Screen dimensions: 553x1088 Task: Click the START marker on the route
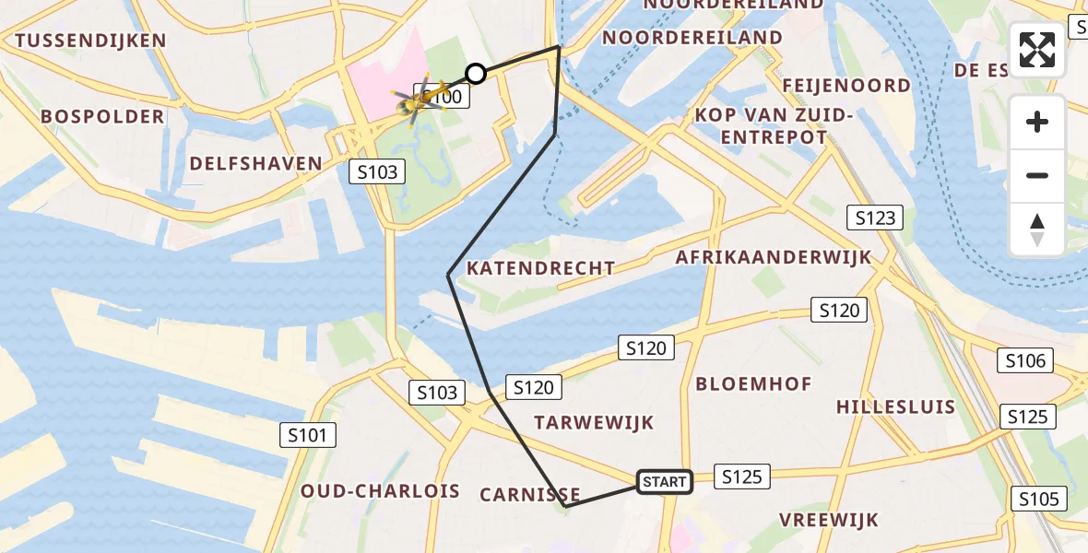click(665, 481)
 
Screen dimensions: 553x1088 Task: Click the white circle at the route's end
click(476, 74)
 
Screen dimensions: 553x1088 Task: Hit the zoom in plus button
click(1037, 122)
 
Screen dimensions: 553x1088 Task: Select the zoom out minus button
click(1037, 175)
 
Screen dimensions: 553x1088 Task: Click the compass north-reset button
click(1037, 229)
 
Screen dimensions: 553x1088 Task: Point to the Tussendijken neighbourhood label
click(90, 41)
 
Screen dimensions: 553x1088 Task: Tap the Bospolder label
click(102, 117)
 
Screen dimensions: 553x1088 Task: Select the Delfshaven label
click(256, 164)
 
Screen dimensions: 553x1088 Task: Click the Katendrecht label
click(541, 268)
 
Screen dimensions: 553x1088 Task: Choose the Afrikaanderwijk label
click(773, 257)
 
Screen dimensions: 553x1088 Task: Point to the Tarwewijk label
click(594, 423)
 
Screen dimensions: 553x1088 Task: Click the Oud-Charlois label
click(380, 491)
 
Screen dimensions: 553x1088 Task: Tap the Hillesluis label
click(895, 406)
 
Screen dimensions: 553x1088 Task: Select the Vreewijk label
click(829, 520)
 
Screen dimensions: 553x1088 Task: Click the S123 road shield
click(874, 218)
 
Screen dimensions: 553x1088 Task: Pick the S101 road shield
click(308, 435)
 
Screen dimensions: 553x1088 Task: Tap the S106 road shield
click(1026, 361)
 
